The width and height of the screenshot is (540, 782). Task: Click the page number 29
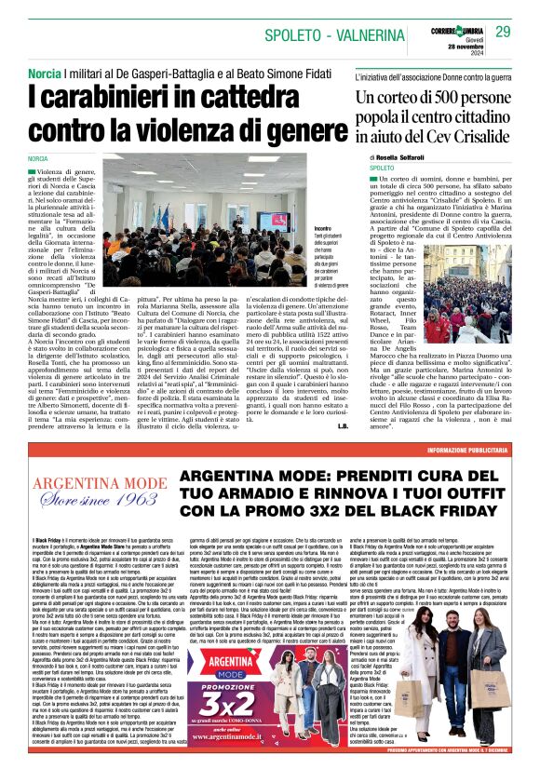pyautogui.click(x=503, y=32)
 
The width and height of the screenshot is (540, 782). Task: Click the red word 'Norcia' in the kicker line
pyautogui.click(x=46, y=73)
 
